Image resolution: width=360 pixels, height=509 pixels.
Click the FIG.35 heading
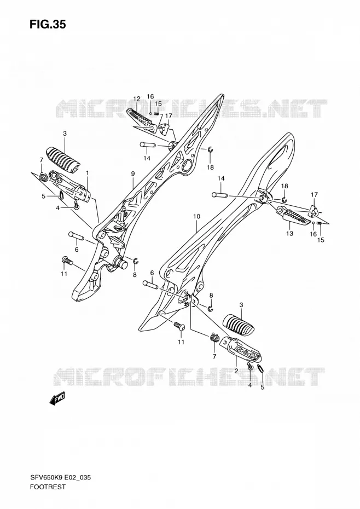click(48, 24)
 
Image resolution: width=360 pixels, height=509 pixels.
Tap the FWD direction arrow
click(57, 398)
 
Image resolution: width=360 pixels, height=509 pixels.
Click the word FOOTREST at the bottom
click(48, 487)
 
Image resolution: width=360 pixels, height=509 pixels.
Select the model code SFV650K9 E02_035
click(61, 477)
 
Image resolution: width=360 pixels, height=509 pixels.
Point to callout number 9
click(133, 174)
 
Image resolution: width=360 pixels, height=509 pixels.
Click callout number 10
click(197, 217)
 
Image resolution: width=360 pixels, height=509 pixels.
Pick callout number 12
click(137, 99)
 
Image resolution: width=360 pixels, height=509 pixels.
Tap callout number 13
click(289, 233)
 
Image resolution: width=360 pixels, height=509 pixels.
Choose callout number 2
click(236, 371)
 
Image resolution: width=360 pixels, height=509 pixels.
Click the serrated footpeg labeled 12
click(140, 119)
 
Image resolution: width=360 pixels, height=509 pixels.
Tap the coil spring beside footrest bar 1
click(43, 177)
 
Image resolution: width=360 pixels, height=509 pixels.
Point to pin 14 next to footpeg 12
click(148, 144)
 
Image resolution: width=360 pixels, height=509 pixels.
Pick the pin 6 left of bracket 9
click(76, 235)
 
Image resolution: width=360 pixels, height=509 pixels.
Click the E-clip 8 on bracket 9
click(136, 260)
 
